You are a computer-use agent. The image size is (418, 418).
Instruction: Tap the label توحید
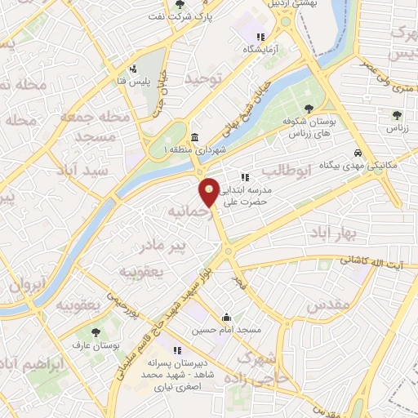pos(203,78)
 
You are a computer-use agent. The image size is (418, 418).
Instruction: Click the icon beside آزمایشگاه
pos(260,37)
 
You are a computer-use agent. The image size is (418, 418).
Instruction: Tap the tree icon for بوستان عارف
pos(96,332)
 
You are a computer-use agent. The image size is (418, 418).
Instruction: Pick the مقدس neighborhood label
pos(329,305)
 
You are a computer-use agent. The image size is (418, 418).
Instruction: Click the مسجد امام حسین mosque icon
pos(226,318)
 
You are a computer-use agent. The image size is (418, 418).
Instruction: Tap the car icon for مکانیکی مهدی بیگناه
pos(358,153)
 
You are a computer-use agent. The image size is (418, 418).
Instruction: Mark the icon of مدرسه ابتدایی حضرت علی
pos(243,177)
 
